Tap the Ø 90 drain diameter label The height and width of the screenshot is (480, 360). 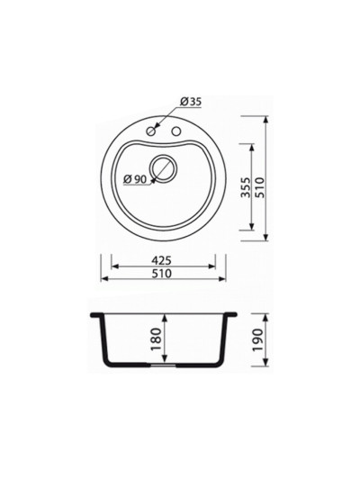(135, 178)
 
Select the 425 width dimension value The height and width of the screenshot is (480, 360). (163, 260)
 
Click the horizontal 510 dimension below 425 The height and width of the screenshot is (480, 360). (163, 274)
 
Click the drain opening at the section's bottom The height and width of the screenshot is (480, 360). (163, 367)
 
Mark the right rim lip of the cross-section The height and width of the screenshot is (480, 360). (233, 315)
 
